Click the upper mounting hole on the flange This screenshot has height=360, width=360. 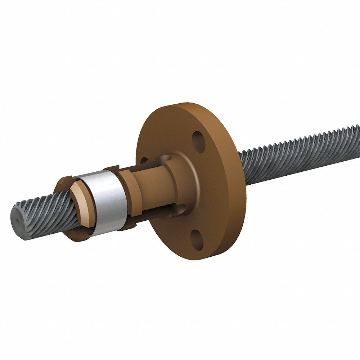pyautogui.click(x=198, y=139)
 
